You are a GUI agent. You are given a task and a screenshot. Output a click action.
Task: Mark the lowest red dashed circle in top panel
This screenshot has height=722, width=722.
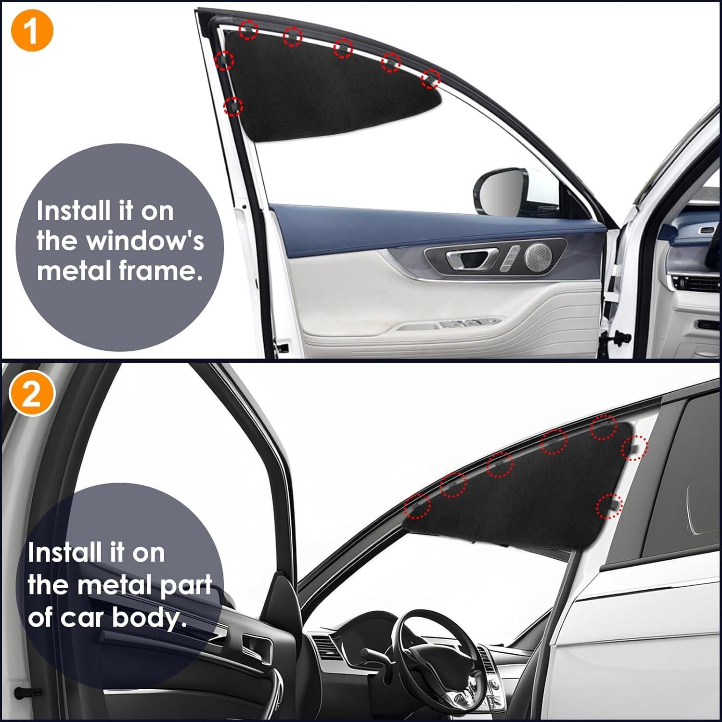click(x=233, y=105)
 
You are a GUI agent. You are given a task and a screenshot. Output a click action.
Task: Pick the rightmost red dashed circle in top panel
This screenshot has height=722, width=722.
click(x=431, y=78)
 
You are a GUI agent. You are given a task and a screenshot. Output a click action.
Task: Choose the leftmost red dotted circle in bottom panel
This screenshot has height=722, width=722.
click(x=417, y=506)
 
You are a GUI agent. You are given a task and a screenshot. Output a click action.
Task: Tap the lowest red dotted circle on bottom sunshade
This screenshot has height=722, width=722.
click(x=609, y=506)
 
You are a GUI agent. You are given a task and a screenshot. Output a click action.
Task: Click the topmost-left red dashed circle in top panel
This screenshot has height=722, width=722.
click(x=248, y=30)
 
